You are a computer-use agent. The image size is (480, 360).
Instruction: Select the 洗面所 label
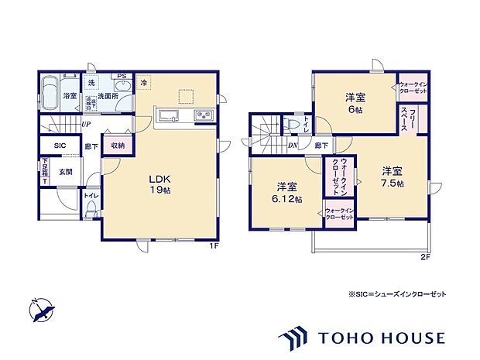point(108,97)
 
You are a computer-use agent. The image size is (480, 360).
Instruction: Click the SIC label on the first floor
point(60,146)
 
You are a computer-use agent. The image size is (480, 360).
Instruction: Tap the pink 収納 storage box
point(118,145)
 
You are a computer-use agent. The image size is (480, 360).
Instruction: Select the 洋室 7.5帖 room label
point(391,177)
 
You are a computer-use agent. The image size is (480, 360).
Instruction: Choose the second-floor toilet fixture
point(293,125)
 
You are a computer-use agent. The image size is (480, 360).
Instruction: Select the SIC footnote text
point(397,295)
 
